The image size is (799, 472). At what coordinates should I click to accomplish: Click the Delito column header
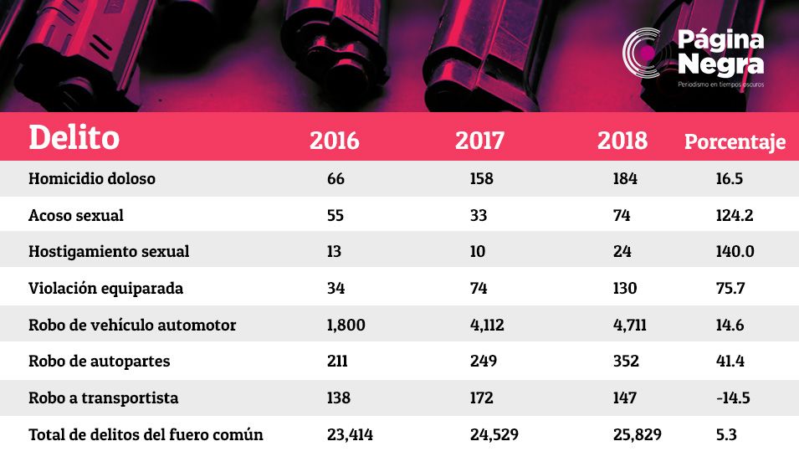(x=74, y=137)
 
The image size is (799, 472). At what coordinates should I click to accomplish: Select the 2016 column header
(x=335, y=141)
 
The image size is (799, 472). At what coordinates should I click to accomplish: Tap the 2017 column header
(x=479, y=141)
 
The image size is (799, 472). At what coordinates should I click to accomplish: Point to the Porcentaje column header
(x=735, y=141)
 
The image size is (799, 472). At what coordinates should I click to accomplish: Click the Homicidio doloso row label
(x=92, y=178)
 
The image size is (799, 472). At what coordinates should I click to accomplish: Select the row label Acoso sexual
(x=76, y=215)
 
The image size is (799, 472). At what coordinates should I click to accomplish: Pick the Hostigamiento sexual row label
(x=109, y=251)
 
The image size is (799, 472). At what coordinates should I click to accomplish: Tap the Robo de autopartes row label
(x=100, y=361)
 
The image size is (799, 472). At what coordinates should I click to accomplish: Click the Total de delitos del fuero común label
(x=146, y=434)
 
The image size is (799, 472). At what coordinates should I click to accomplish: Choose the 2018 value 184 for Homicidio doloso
(x=625, y=178)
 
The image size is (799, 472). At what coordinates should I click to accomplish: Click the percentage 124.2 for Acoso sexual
(x=735, y=215)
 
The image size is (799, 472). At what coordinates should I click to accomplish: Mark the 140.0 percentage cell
(x=735, y=251)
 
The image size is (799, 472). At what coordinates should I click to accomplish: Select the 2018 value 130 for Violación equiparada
(x=625, y=288)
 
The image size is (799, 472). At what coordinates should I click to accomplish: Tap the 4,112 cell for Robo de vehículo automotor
(x=487, y=326)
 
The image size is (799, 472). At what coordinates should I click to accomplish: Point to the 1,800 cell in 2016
(x=346, y=326)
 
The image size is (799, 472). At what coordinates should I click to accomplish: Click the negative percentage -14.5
(x=733, y=398)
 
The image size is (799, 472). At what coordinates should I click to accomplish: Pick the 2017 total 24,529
(x=494, y=435)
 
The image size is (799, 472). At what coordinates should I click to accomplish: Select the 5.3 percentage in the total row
(x=726, y=434)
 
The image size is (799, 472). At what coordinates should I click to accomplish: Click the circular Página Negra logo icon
(x=644, y=53)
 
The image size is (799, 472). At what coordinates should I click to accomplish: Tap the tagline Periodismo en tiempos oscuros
(x=720, y=85)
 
